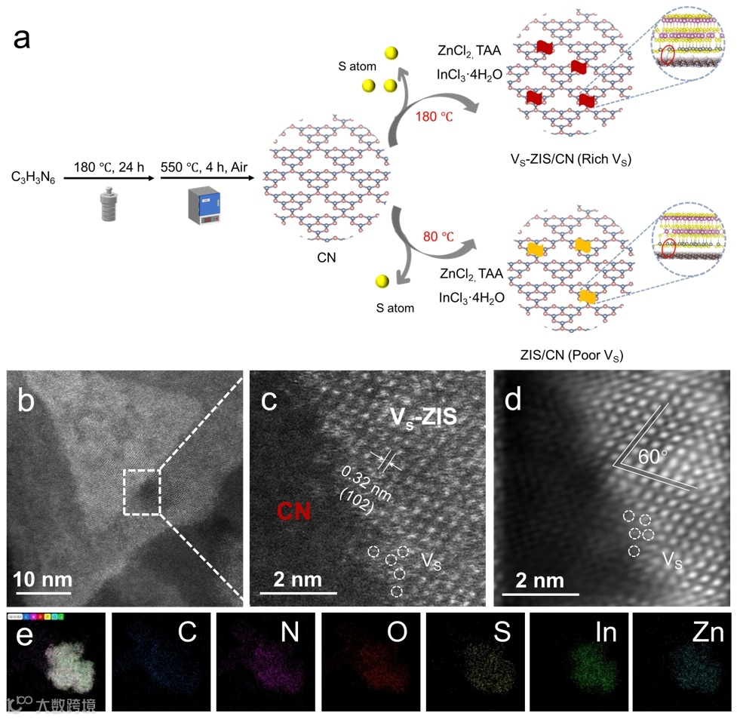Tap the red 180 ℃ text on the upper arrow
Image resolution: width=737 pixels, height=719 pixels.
point(434,118)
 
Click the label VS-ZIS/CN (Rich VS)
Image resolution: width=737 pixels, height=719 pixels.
point(571,159)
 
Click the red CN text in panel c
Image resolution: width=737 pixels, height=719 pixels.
point(295,512)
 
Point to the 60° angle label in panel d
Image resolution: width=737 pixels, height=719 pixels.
point(651,456)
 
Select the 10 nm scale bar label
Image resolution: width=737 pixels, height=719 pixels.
point(45,579)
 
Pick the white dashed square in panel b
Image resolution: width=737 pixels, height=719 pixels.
point(142,492)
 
